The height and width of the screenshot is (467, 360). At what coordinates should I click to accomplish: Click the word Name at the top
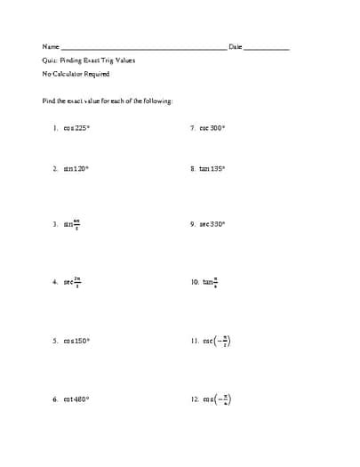coord(51,46)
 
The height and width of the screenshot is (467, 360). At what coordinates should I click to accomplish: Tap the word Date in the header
coord(235,46)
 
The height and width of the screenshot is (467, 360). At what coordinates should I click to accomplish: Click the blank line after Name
coord(143,48)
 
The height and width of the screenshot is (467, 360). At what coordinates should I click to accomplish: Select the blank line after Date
coord(266,48)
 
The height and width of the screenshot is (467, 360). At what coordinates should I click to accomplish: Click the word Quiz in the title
coord(49,60)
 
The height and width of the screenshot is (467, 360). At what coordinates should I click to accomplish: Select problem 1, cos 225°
coord(77,128)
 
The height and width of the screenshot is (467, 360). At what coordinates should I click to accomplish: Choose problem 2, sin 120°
coord(76,168)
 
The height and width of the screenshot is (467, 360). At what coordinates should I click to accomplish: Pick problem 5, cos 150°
coord(77,342)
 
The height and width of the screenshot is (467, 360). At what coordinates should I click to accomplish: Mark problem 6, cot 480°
coord(77,399)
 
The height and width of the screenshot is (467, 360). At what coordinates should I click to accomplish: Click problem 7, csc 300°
coord(213,128)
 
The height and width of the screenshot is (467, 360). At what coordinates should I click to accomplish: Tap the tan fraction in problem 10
coord(212,282)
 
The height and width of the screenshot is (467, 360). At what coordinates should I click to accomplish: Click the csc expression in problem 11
coord(219,342)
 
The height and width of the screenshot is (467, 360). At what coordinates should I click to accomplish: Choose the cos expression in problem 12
coord(219,399)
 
